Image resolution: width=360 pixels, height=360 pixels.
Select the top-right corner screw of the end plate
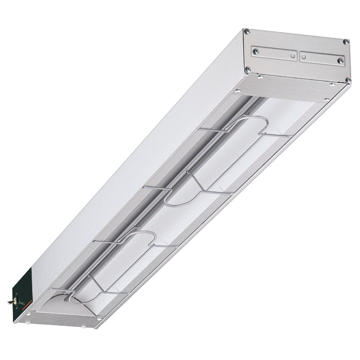(346, 42)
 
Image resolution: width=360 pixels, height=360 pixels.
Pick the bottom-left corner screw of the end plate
(247, 69)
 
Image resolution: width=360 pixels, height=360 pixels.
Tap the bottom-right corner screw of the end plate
(348, 80)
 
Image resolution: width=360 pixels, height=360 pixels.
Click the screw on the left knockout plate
(256, 51)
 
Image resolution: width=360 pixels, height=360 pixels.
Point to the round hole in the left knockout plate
(291, 55)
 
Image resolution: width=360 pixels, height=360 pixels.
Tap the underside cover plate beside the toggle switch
(65, 319)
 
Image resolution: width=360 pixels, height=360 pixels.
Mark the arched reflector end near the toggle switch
(58, 301)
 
